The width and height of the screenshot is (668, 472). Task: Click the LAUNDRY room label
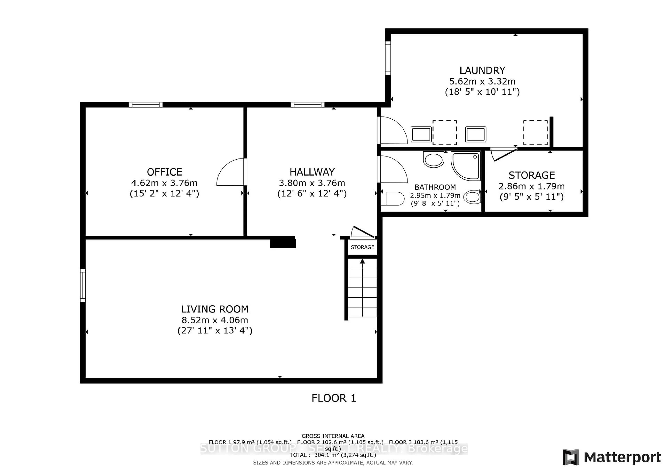482,70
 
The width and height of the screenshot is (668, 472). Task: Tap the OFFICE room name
164,172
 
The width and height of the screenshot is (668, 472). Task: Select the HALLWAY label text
312,172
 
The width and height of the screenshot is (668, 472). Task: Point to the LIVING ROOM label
215,309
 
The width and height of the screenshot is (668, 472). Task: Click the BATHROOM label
435,187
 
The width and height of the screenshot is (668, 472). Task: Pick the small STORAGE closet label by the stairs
362,247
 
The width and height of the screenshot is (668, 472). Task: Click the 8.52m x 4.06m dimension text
215,320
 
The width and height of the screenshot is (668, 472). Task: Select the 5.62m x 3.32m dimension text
482,81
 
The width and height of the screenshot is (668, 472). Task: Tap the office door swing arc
230,172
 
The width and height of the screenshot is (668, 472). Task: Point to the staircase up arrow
362,262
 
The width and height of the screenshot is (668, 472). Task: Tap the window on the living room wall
83,285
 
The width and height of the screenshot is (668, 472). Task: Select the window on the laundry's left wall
388,58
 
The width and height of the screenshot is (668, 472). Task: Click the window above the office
145,105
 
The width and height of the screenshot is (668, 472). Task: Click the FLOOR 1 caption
334,398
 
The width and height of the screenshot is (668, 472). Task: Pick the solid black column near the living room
283,243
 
